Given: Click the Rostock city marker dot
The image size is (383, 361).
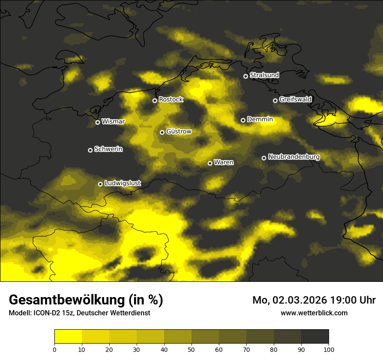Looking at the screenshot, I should pyautogui.click(x=155, y=100).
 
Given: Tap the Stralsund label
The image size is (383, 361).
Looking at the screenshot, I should pyautogui.click(x=264, y=75).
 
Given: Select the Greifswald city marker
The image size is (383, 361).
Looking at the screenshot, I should pyautogui.click(x=275, y=100).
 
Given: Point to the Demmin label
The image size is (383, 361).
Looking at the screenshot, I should pyautogui.click(x=260, y=119).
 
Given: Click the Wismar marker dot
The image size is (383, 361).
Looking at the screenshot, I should pyautogui.click(x=97, y=122).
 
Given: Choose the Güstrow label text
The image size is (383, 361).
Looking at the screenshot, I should pyautogui.click(x=179, y=131).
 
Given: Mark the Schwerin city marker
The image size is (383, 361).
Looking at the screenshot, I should pyautogui.click(x=90, y=150).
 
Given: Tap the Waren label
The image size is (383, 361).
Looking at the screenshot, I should pyautogui.click(x=224, y=162).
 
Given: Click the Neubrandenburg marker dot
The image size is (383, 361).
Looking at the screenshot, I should pyautogui.click(x=264, y=158).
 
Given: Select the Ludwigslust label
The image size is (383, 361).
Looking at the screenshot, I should pyautogui.click(x=122, y=183).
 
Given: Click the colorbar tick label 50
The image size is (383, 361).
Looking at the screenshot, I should pyautogui.click(x=191, y=349).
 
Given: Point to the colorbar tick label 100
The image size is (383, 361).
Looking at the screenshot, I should pyautogui.click(x=329, y=349).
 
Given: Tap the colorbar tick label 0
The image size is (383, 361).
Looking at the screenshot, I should pyautogui.click(x=54, y=349).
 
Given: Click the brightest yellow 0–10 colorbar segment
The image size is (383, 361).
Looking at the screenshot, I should pyautogui.click(x=68, y=337).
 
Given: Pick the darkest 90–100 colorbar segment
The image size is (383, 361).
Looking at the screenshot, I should pyautogui.click(x=315, y=337).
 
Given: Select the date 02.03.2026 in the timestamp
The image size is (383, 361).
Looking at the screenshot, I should pyautogui.click(x=297, y=300).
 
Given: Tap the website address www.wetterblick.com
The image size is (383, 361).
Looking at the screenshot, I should pyautogui.click(x=314, y=313).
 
